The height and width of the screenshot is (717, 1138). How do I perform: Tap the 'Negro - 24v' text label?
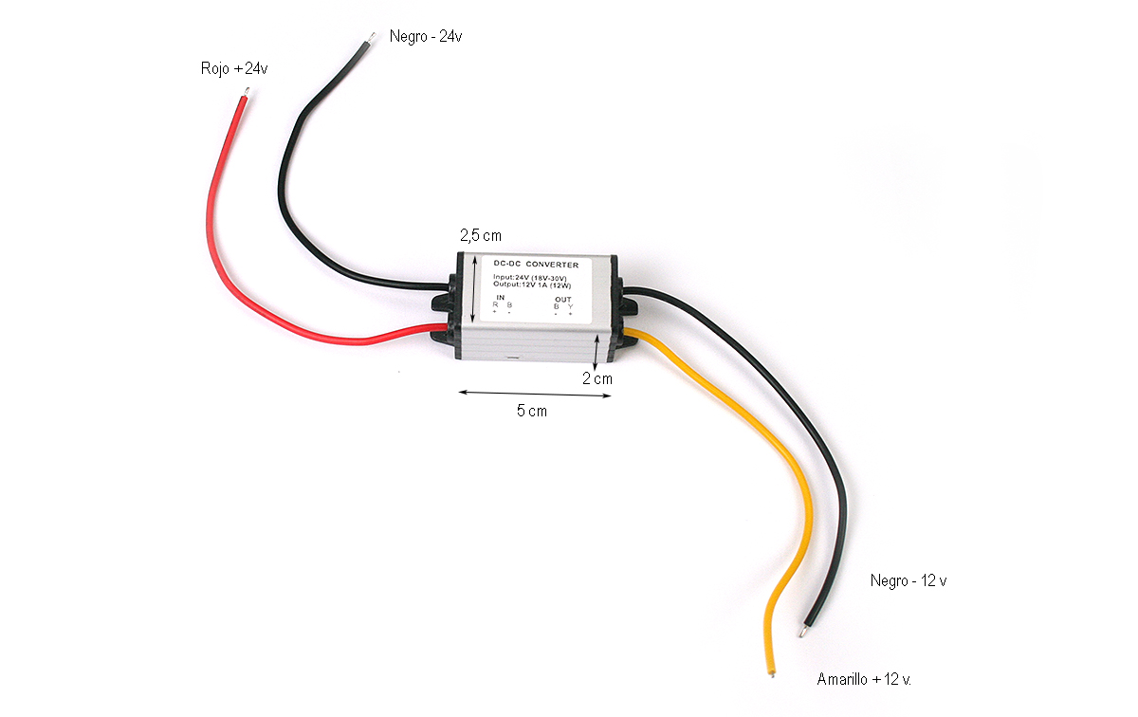point(425,36)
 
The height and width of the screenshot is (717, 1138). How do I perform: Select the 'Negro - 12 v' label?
point(908,580)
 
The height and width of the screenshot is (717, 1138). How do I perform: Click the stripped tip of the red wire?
point(247,94)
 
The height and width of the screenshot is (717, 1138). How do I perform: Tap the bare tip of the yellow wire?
point(773,672)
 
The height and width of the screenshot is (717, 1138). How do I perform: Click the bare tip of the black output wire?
point(803,630)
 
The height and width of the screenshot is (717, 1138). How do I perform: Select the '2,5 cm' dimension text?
point(480,235)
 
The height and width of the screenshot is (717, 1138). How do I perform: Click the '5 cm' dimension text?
point(531,411)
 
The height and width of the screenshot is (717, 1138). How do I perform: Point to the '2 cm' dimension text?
point(597,378)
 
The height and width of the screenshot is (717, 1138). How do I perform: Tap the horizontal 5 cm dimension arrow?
point(535,393)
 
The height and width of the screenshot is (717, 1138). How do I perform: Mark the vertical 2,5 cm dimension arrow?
point(472,288)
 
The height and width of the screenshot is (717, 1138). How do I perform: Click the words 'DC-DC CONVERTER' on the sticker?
point(537,265)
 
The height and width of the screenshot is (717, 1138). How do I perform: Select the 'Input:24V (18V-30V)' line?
point(534,277)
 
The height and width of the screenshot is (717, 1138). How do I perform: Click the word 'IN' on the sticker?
point(500,297)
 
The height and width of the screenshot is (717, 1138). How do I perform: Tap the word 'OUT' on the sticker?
point(563,298)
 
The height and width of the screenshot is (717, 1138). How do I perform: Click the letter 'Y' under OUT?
point(570,305)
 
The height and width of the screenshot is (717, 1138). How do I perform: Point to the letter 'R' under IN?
point(495,304)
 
